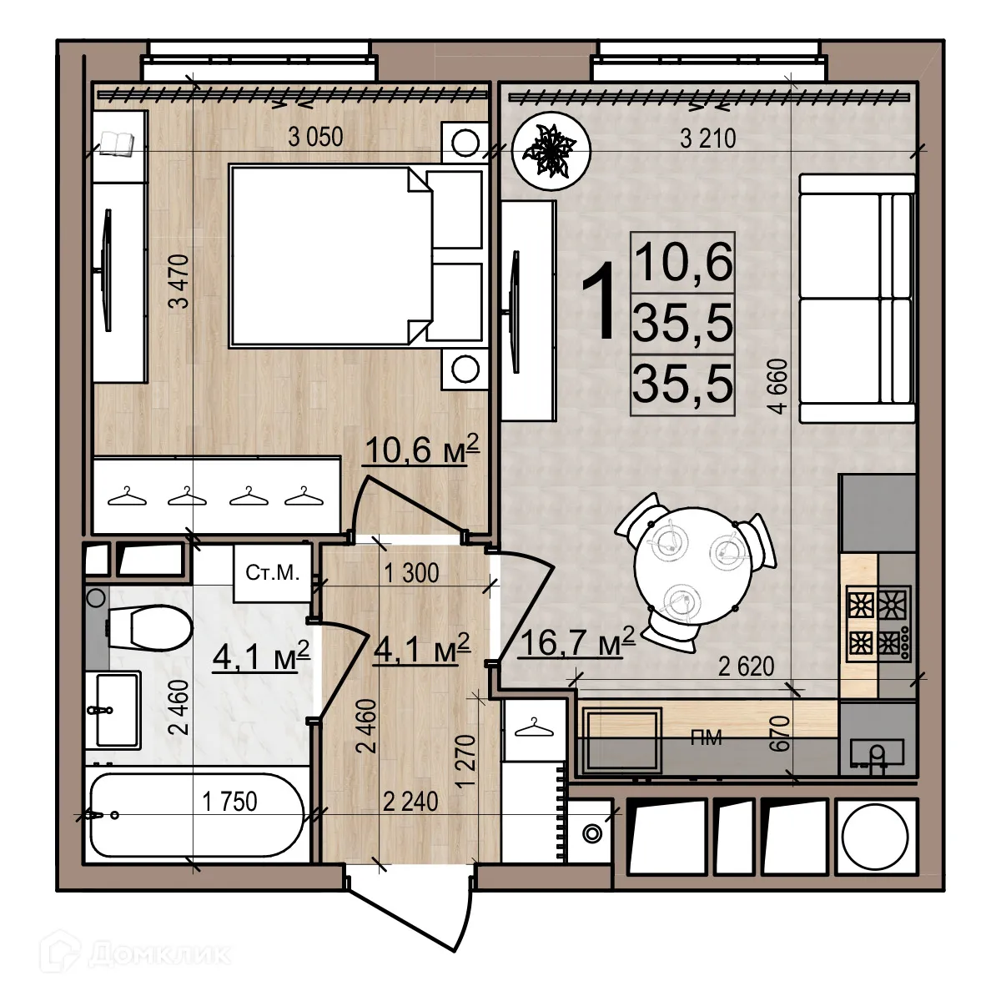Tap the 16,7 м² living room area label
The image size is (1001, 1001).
(x=577, y=643)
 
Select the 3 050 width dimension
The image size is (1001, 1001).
(x=315, y=137)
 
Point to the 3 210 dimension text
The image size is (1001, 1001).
(x=707, y=138)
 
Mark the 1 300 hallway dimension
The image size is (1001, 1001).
(x=410, y=574)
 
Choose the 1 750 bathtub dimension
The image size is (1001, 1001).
(x=230, y=802)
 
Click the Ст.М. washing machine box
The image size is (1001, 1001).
(x=272, y=573)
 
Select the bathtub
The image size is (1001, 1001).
(x=197, y=815)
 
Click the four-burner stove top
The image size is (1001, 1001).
(x=877, y=621)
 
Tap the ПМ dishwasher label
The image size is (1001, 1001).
(x=706, y=738)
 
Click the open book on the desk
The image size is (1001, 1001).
(x=116, y=143)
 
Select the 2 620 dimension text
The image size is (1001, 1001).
(x=745, y=666)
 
